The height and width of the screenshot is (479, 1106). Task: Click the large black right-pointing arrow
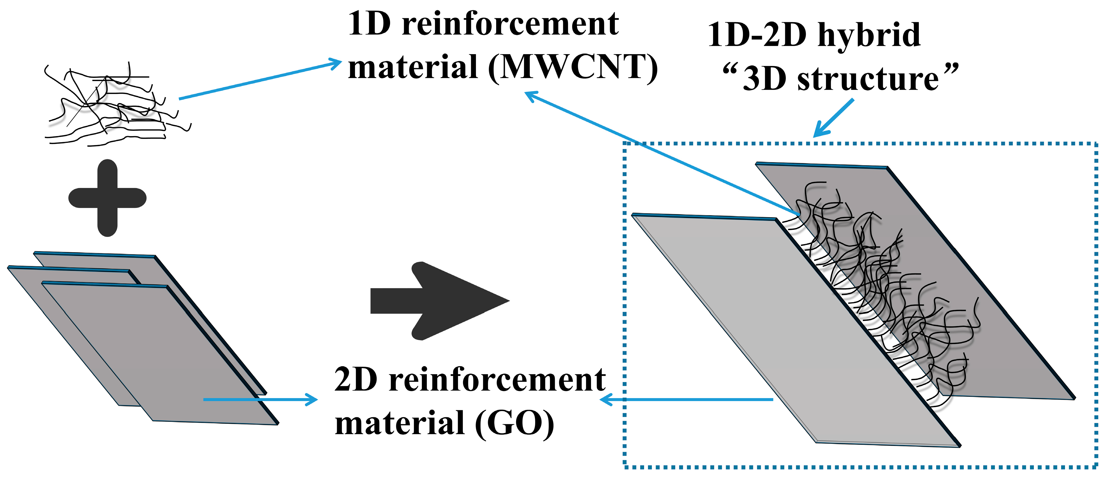438,301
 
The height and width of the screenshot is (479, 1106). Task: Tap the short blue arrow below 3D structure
833,118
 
